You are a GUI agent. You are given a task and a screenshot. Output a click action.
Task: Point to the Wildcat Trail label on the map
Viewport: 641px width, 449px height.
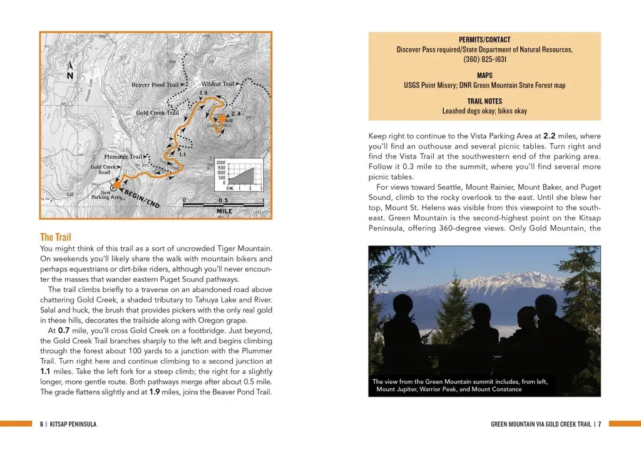tap(217, 84)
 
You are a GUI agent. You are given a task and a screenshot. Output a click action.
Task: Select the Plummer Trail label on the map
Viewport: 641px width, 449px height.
tap(123, 157)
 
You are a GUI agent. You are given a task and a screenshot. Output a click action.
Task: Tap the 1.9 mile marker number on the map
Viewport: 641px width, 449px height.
tap(203, 93)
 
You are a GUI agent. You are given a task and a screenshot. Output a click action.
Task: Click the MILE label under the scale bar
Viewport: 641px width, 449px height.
tap(223, 212)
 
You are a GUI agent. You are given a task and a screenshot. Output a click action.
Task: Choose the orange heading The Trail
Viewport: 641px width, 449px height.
tap(56, 237)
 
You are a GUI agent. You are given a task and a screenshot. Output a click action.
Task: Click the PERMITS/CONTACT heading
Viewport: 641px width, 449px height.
tap(485, 39)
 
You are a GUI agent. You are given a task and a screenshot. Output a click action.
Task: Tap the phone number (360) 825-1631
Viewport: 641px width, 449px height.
tap(485, 59)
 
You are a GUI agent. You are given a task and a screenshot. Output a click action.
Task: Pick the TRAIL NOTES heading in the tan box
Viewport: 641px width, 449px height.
tap(485, 101)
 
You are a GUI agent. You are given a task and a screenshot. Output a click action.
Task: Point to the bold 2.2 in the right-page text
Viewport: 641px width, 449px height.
tap(550, 136)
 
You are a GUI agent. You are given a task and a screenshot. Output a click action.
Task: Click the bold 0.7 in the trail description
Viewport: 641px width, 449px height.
tap(64, 330)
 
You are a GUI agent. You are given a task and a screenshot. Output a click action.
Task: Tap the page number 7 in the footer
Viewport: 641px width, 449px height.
tap(599, 424)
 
